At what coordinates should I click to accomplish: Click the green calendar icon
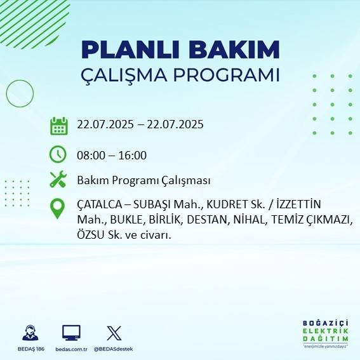point(59,125)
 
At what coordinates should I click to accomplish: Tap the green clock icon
point(58,154)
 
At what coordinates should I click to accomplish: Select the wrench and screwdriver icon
point(58,180)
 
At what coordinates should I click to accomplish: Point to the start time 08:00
point(91,155)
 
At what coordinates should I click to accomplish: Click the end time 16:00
point(133,155)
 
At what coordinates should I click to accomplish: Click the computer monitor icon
point(71,333)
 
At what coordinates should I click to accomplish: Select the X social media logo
point(114,333)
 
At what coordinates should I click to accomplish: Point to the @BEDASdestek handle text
point(114,349)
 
